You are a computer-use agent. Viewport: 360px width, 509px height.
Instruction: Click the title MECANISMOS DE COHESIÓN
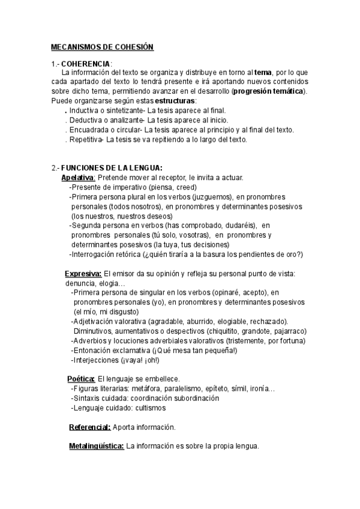click(x=103, y=47)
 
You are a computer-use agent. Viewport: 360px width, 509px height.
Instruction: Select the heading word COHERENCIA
click(x=86, y=64)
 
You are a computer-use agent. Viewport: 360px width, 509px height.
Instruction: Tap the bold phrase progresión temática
click(x=268, y=91)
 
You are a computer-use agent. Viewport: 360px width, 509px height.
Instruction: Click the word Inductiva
click(x=85, y=111)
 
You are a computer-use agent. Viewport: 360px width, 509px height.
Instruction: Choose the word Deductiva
click(x=86, y=120)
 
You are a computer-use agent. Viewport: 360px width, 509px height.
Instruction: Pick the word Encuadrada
click(x=88, y=130)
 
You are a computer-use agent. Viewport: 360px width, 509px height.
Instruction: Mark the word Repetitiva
click(x=86, y=139)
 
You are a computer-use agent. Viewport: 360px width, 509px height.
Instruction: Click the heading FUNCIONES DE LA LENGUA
click(x=112, y=167)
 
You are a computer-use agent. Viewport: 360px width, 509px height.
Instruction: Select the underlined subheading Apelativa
click(x=79, y=178)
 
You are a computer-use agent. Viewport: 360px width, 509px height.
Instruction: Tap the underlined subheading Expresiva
click(x=83, y=274)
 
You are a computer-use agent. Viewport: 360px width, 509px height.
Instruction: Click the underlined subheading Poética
click(x=82, y=379)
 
